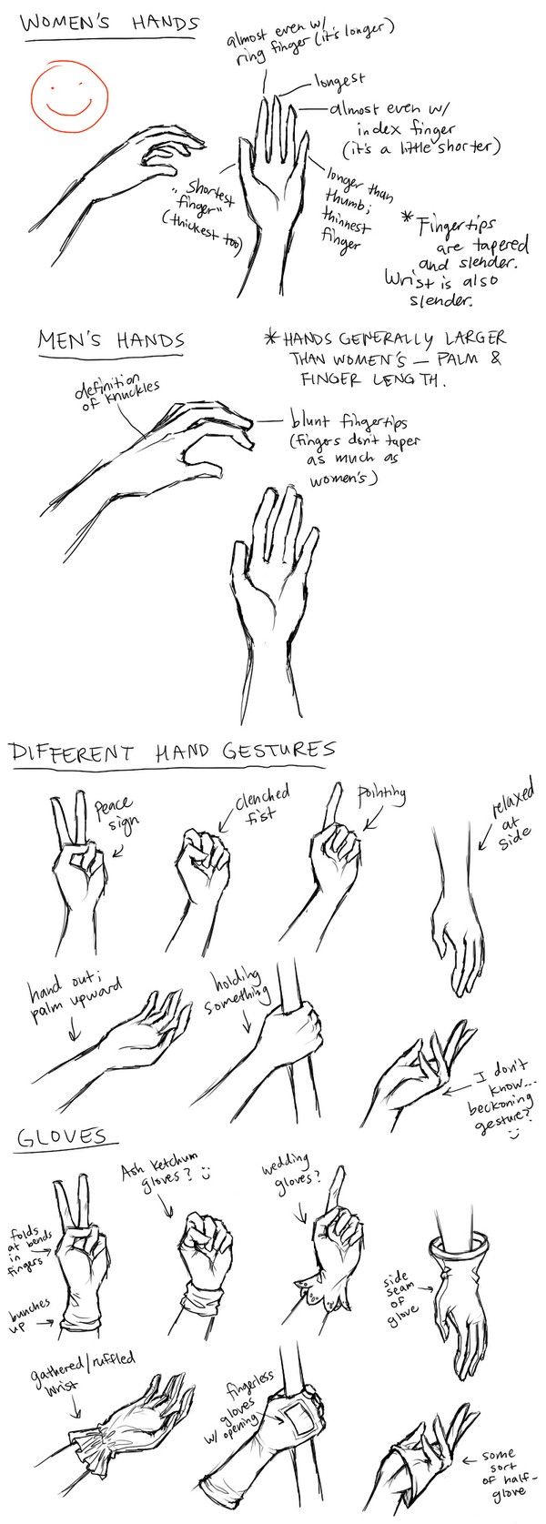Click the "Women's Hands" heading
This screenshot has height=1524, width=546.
tap(107, 25)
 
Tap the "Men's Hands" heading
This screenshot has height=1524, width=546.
tap(110, 341)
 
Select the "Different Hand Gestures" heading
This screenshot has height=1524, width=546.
tap(171, 752)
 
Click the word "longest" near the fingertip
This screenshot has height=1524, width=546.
tap(339, 81)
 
